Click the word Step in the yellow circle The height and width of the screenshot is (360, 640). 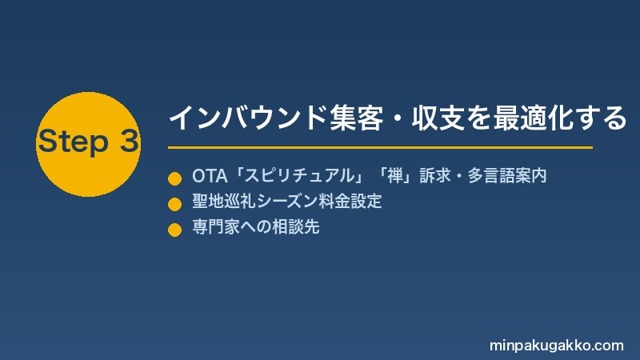click(74, 142)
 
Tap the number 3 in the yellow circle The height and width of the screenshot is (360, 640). click(130, 141)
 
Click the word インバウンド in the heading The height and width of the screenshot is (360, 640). click(248, 118)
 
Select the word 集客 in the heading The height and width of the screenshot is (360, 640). click(356, 118)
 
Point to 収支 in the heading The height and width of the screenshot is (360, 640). click(438, 118)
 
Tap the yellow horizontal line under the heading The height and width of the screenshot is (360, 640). click(380, 147)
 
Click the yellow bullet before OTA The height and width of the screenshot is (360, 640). click(174, 178)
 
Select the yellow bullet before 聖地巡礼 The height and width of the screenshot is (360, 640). click(174, 204)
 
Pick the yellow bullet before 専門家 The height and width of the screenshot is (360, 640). click(174, 230)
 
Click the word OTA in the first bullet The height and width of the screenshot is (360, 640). click(210, 176)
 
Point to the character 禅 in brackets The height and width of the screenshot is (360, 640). click(395, 176)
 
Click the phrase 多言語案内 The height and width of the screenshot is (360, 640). click(507, 176)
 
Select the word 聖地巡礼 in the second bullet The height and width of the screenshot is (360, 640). click(224, 202)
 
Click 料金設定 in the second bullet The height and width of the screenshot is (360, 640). click(350, 202)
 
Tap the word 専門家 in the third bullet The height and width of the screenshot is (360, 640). click(216, 226)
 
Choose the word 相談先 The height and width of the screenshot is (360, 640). click(296, 226)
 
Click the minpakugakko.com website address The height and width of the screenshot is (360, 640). click(557, 346)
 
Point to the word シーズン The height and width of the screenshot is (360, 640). click(287, 202)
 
